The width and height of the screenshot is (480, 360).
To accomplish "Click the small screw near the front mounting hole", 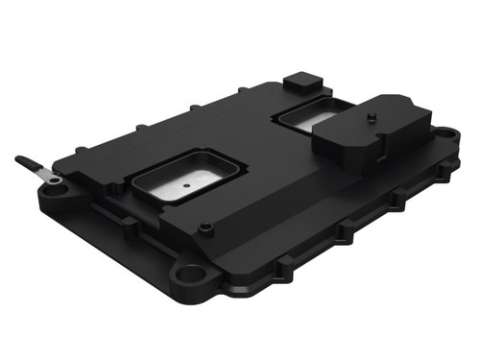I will click(204, 228).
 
